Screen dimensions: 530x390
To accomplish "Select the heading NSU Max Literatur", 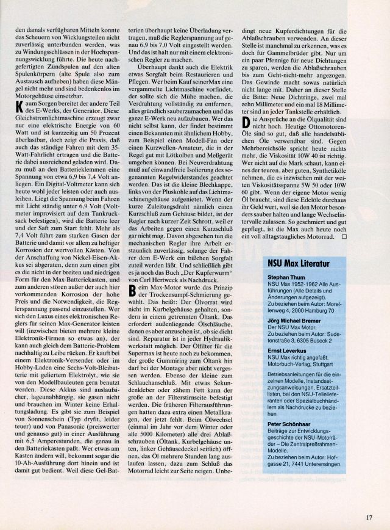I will coord(297,264).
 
